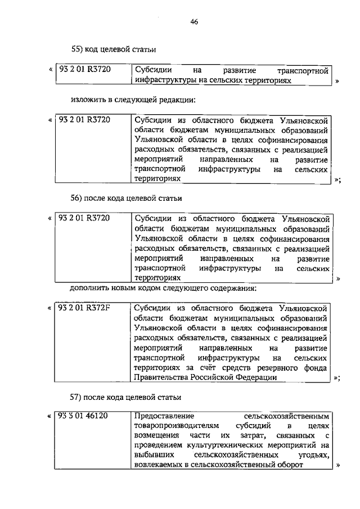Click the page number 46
[x=193, y=21]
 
